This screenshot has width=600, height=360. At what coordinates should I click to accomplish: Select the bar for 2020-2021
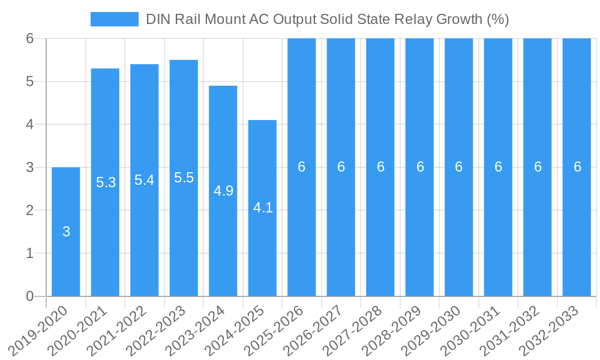(105, 240)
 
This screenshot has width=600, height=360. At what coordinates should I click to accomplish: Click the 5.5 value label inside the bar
(184, 178)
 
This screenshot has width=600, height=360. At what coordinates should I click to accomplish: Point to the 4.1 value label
(263, 208)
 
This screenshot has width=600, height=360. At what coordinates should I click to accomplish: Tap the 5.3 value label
(106, 182)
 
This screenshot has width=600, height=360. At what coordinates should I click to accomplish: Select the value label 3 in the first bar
(66, 232)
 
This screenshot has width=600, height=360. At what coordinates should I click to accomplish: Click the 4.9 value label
(223, 191)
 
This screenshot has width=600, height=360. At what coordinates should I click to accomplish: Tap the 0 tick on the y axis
(29, 296)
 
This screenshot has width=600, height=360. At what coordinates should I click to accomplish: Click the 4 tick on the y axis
(29, 124)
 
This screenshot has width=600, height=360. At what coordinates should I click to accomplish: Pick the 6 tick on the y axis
(29, 38)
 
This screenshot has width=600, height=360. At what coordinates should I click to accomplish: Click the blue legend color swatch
(114, 19)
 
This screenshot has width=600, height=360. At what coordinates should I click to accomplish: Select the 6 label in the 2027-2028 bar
(380, 167)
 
